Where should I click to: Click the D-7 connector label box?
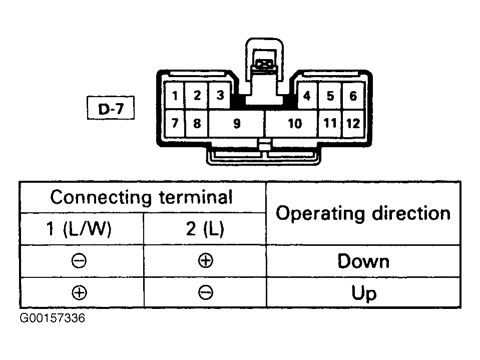click(111, 108)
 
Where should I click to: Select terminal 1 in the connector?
click(175, 96)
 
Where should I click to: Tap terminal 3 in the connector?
click(220, 95)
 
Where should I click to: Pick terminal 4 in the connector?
click(307, 96)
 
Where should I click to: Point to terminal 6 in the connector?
click(353, 96)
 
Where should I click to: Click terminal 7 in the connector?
click(175, 123)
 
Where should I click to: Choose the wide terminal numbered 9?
click(236, 123)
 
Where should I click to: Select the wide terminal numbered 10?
click(292, 123)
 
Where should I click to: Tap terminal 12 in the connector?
click(353, 123)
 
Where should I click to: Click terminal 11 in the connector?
click(330, 123)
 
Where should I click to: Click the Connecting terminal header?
click(142, 197)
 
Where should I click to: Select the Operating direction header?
click(363, 213)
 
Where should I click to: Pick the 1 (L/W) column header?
click(79, 228)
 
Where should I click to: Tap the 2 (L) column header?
click(205, 228)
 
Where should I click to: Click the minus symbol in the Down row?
click(79, 261)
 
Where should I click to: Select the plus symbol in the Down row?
click(205, 261)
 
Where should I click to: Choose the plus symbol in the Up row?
click(79, 292)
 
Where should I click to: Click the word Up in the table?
click(364, 293)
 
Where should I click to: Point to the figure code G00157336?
click(53, 318)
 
